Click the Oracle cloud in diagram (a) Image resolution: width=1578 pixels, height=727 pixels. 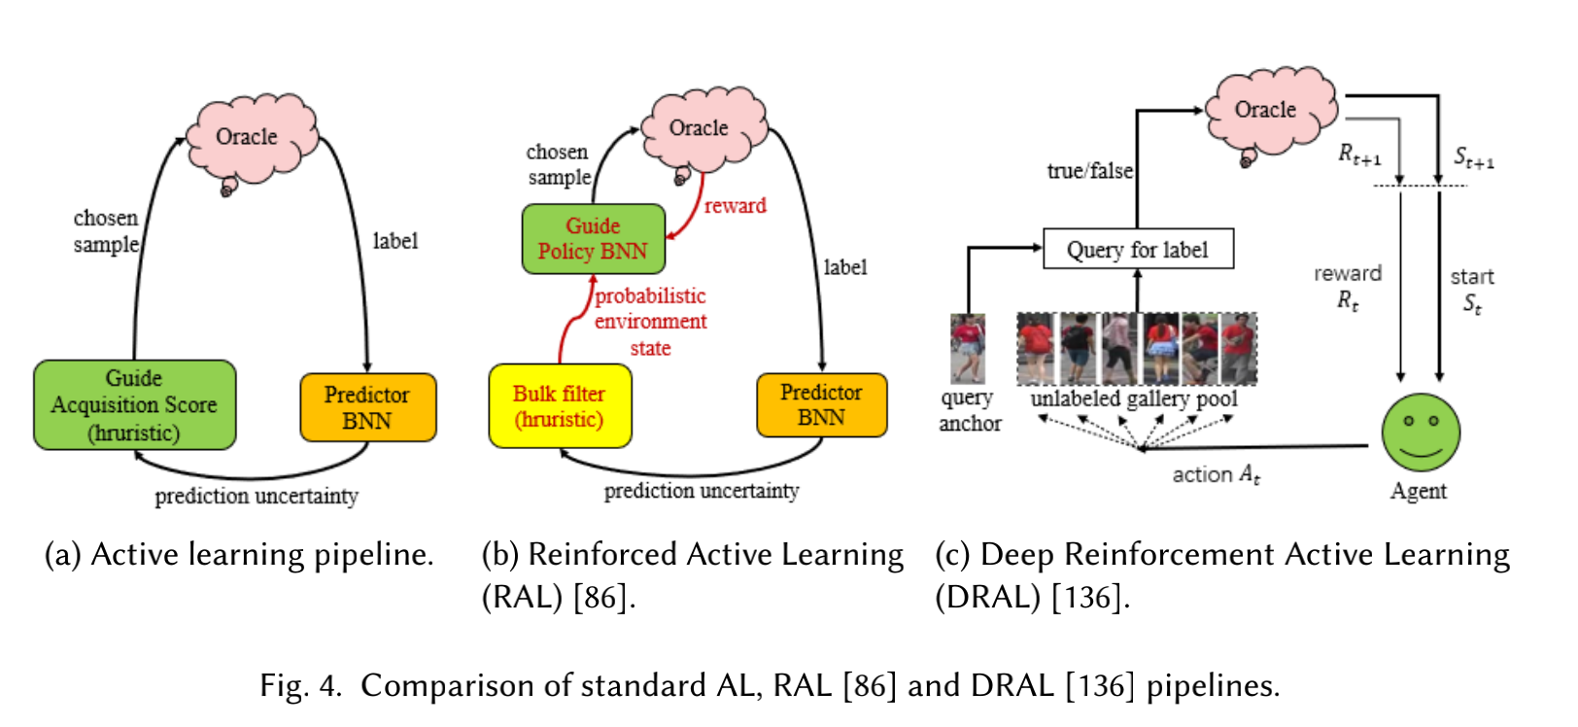[x=249, y=137]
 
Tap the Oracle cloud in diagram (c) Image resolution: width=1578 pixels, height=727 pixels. [x=1267, y=110]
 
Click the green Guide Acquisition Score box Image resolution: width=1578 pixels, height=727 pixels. [x=134, y=405]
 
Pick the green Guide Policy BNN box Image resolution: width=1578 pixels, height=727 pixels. [x=593, y=239]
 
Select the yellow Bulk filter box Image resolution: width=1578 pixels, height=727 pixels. [x=560, y=406]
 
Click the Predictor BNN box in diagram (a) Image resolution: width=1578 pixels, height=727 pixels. [x=367, y=408]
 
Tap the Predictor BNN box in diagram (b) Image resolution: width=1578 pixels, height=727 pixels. [x=821, y=405]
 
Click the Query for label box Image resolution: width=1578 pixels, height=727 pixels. [x=1138, y=250]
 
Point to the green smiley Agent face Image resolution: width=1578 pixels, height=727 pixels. [x=1421, y=433]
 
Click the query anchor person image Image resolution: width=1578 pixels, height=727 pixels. [x=967, y=348]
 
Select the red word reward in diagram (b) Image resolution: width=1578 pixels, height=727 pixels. [x=736, y=206]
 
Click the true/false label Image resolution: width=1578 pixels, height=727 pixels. [x=1089, y=171]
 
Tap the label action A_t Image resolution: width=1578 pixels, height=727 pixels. [x=1216, y=475]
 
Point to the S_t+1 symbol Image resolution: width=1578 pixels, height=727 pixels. [x=1473, y=157]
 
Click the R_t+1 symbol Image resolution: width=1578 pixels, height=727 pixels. [x=1359, y=155]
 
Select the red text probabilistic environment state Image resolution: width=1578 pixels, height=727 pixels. [x=650, y=322]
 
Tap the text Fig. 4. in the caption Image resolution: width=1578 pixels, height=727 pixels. [x=300, y=686]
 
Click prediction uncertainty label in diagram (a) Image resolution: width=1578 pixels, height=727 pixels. [x=257, y=497]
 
